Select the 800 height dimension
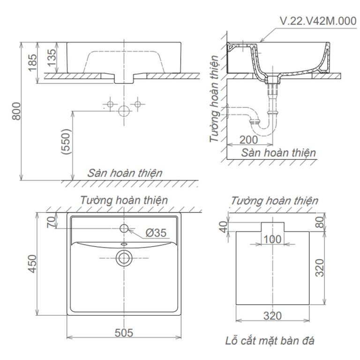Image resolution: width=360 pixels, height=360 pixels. pyautogui.click(x=16, y=111)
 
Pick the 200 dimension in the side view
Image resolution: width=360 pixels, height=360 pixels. pyautogui.click(x=249, y=139)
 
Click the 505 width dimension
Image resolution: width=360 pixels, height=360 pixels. pyautogui.click(x=124, y=333)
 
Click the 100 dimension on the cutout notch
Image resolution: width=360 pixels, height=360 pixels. pyautogui.click(x=273, y=240)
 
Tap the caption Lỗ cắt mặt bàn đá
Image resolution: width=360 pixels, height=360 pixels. pyautogui.click(x=270, y=341)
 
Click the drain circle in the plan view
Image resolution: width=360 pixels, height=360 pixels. pyautogui.click(x=124, y=257)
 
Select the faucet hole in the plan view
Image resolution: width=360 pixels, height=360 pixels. pyautogui.click(x=124, y=228)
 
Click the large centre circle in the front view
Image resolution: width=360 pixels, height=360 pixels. pyautogui.click(x=124, y=111)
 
